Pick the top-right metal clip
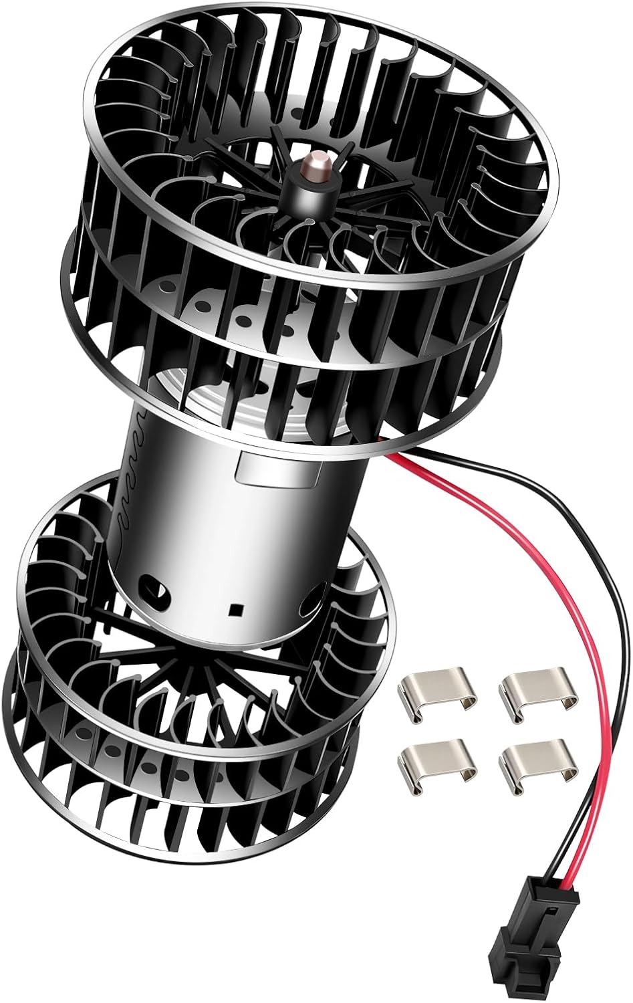[x=537, y=695]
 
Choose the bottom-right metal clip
[x=535, y=761]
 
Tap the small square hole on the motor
[x=235, y=610]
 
